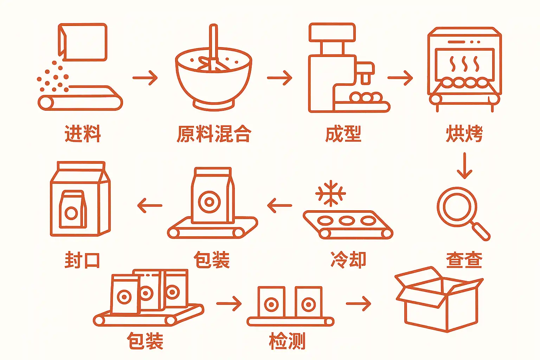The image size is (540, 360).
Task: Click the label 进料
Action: click(83, 134)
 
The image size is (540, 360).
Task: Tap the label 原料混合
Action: click(213, 134)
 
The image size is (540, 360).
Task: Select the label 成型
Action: click(343, 134)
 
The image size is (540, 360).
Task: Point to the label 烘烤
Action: click(464, 134)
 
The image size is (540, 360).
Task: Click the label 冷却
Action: click(348, 260)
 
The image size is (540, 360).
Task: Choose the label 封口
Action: click(82, 260)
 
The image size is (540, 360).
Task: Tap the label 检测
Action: click(287, 341)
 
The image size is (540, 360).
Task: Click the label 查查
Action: click(464, 260)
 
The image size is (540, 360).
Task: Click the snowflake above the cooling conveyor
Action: click(330, 193)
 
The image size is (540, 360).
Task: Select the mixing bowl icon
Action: click(213, 79)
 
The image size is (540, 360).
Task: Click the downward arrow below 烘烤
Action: click(464, 165)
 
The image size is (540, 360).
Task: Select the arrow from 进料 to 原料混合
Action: click(145, 78)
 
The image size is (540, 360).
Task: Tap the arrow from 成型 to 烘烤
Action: click(400, 78)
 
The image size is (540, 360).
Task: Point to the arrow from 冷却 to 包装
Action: click(279, 205)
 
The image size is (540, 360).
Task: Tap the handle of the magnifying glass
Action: click(481, 231)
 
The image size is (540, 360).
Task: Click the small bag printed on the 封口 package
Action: click(72, 210)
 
